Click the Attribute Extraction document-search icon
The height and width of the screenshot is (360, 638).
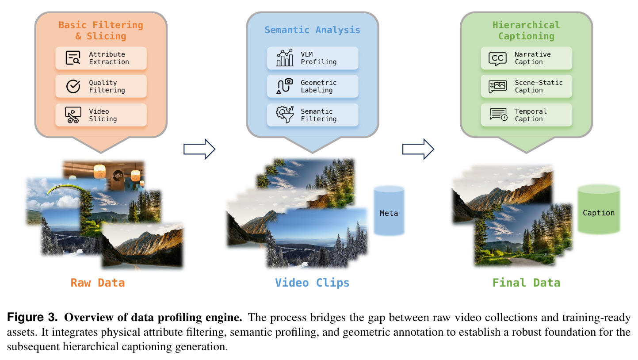coord(73,58)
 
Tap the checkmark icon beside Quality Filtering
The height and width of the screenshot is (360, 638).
coord(73,86)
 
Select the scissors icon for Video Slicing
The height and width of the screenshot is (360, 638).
coord(73,115)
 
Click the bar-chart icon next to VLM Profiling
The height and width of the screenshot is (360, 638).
coord(285,57)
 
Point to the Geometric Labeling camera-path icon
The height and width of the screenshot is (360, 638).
coord(285,86)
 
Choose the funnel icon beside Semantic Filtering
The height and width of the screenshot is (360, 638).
coord(285,114)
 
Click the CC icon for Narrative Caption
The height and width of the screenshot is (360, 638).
coord(497,59)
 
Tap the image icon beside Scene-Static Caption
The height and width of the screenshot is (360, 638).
coord(497,86)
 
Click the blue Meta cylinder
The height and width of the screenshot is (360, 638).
coord(389,211)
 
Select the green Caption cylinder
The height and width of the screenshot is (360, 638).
coord(599,210)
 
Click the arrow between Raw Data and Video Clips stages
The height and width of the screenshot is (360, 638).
coord(199,149)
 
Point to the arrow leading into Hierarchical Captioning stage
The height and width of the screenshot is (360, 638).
coord(418,149)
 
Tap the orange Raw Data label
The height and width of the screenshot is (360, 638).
coord(98,283)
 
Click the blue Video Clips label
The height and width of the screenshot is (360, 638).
coord(312,283)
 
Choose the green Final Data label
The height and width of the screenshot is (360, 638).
coord(526,283)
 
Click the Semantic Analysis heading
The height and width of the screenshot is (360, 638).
coord(312,30)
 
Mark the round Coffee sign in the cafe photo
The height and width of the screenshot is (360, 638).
coord(118,176)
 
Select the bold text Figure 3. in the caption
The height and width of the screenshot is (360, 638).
coord(32,317)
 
